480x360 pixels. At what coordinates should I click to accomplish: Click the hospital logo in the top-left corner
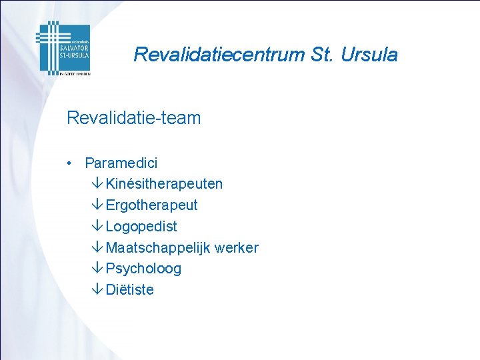point(63,48)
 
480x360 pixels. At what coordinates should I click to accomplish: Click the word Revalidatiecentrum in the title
point(219,55)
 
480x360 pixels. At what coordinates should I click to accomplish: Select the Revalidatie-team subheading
point(133,119)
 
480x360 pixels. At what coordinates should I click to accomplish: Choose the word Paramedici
point(121,163)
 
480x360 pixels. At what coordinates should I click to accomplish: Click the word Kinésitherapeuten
point(164,183)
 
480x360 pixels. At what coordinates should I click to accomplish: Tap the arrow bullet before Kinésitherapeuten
point(97,183)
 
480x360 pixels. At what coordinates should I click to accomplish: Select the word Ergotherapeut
point(151,205)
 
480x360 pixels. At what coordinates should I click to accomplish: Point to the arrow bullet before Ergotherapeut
point(97,205)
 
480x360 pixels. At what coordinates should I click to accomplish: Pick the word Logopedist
point(141,226)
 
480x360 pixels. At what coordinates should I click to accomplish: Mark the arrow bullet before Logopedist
point(97,226)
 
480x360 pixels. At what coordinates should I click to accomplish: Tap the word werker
point(237,247)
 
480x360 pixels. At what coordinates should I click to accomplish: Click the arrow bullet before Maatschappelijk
point(97,247)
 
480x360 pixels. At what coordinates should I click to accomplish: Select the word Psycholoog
point(143,269)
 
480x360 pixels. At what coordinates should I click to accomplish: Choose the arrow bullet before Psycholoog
point(97,269)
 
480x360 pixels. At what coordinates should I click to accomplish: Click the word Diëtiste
point(129,290)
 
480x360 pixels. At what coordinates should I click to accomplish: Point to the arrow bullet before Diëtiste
point(97,290)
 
